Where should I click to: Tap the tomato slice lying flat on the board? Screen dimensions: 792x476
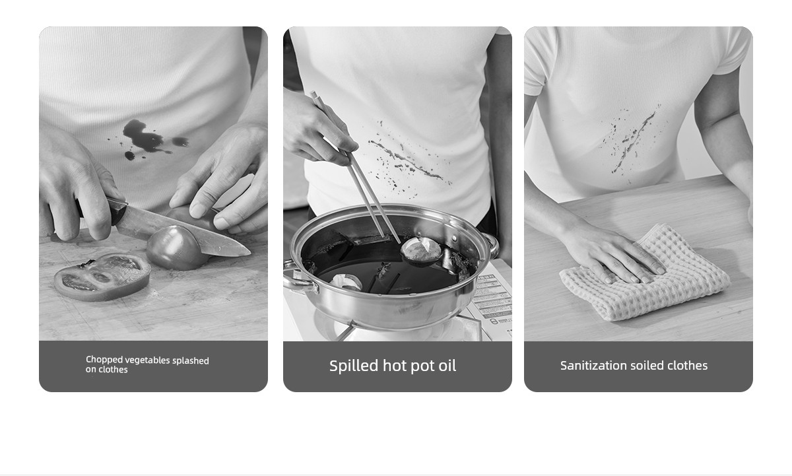102,277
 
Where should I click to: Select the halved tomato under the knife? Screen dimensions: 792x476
176,248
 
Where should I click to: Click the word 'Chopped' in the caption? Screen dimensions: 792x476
104,360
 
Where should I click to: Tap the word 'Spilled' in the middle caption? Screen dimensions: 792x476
354,366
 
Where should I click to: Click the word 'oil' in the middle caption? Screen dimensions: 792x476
447,366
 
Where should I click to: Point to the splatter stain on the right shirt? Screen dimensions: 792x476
633,141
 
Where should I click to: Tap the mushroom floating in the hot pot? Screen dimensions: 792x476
421,250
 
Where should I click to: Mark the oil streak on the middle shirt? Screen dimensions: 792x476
407,160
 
